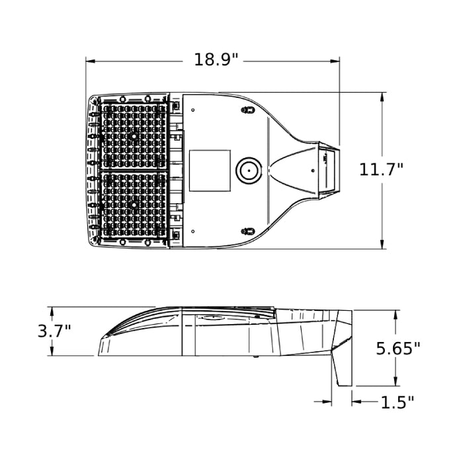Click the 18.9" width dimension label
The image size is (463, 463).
click(x=216, y=60)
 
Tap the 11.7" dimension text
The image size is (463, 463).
click(x=381, y=170)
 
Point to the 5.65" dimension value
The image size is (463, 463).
click(x=398, y=349)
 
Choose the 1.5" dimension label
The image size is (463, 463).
click(x=398, y=402)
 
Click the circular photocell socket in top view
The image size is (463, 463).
click(x=249, y=171)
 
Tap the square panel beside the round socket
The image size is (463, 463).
click(x=210, y=171)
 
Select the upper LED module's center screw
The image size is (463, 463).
click(x=134, y=137)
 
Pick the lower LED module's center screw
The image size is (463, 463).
click(x=134, y=204)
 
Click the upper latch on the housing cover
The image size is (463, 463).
click(x=248, y=110)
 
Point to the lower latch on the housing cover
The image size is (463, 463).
click(x=248, y=231)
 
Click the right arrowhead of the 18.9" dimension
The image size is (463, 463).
click(x=335, y=62)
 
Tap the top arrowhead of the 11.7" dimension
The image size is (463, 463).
click(x=383, y=97)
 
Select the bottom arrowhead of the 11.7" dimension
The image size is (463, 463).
click(x=383, y=244)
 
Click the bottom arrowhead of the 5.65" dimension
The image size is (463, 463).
click(x=396, y=381)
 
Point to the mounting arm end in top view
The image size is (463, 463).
click(x=329, y=170)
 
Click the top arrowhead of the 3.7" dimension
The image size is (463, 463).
click(x=52, y=312)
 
